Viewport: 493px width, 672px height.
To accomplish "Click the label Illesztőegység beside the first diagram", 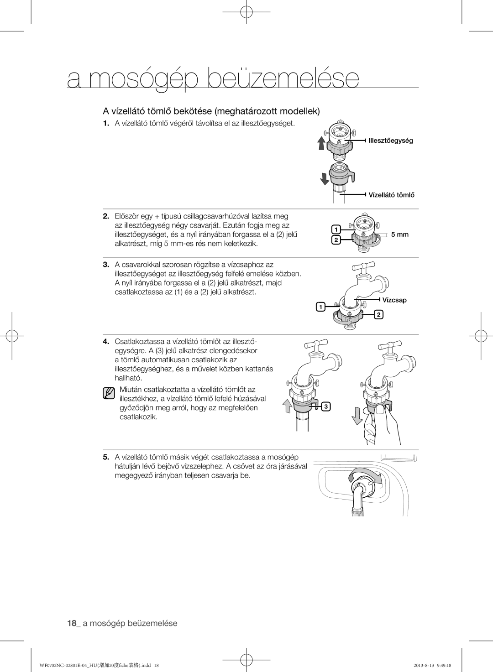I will (x=391, y=141).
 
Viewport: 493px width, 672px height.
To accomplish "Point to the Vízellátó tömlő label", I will (x=391, y=195).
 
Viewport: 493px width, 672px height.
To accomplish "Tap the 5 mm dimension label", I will (x=399, y=234).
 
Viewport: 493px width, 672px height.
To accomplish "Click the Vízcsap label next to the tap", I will (x=394, y=300).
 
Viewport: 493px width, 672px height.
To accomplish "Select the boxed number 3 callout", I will (x=327, y=406).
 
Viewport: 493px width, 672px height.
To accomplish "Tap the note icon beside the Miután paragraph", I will (x=109, y=393).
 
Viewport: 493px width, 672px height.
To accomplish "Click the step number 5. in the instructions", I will (x=106, y=457).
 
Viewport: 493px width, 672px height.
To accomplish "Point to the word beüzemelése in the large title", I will (x=283, y=78).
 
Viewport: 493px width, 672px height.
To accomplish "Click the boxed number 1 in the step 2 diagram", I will (x=335, y=229).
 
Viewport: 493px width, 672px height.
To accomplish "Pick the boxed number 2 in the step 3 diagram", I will (x=378, y=315).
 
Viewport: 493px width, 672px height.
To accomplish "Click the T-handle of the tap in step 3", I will (x=364, y=266).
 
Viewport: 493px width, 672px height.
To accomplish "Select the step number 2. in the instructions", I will (x=106, y=216).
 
